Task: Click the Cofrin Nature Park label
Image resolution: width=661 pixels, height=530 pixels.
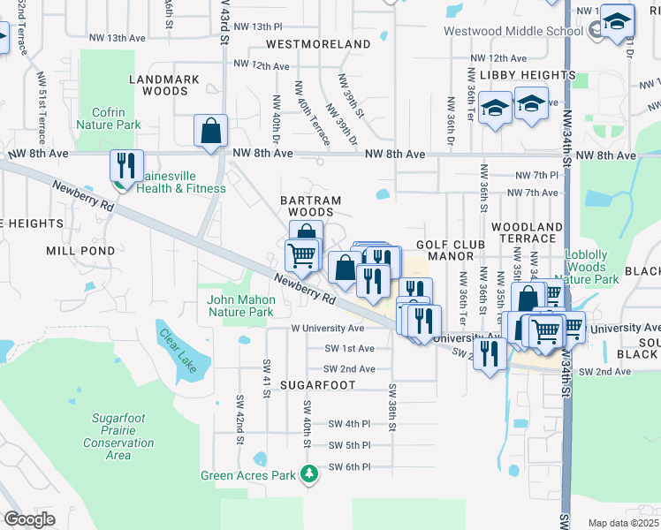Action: pyautogui.click(x=116, y=119)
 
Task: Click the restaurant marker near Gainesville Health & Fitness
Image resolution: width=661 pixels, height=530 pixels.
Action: pyautogui.click(x=126, y=165)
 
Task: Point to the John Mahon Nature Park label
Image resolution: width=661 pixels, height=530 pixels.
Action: pyautogui.click(x=240, y=306)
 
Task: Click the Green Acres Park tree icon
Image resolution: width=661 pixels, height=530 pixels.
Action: pyautogui.click(x=308, y=475)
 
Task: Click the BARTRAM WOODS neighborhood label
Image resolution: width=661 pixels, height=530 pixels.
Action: pyautogui.click(x=310, y=201)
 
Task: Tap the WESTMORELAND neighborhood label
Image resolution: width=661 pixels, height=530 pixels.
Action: pyautogui.click(x=318, y=43)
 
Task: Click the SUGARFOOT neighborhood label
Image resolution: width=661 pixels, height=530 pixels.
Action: pyautogui.click(x=317, y=385)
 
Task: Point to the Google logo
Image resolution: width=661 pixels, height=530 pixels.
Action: pyautogui.click(x=29, y=519)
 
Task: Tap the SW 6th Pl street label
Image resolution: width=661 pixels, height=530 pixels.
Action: pyautogui.click(x=349, y=466)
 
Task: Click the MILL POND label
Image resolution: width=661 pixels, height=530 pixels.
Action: pyautogui.click(x=80, y=251)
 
